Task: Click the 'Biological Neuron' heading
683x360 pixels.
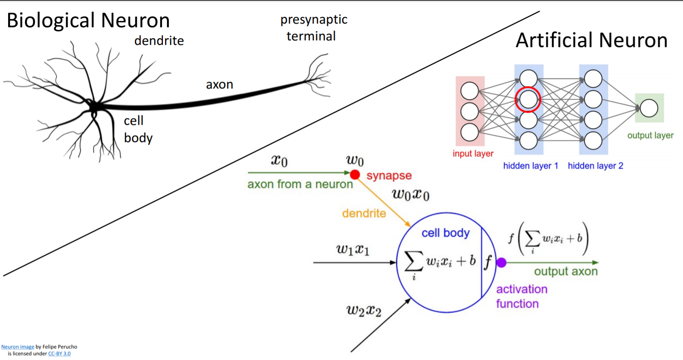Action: tap(88, 20)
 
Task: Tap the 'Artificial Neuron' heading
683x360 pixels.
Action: tap(591, 40)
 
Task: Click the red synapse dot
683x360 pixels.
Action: tap(354, 174)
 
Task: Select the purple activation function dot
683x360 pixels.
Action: tap(501, 262)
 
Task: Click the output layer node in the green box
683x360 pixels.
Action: tap(649, 108)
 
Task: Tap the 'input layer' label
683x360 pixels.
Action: tap(473, 153)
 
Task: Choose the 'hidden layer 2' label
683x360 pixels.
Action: tap(595, 166)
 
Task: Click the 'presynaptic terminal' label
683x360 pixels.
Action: tap(314, 28)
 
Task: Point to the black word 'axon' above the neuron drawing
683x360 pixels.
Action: tap(220, 84)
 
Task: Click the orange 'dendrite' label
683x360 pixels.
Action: tap(364, 212)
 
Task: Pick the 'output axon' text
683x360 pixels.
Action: tap(565, 271)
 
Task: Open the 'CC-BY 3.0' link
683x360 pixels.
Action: tap(59, 353)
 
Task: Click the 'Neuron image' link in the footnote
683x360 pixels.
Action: tap(17, 346)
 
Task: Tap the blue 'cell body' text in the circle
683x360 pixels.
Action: tap(445, 233)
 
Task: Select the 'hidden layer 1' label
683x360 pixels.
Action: tap(531, 166)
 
